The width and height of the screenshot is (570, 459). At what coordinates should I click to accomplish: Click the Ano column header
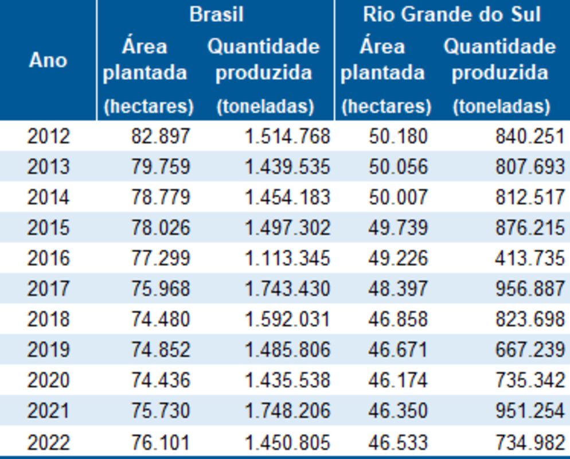(x=48, y=60)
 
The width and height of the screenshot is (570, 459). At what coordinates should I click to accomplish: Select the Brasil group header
(x=216, y=14)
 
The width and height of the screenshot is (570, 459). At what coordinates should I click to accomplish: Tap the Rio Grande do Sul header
(x=451, y=14)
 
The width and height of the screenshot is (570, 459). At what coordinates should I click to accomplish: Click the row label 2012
(x=48, y=137)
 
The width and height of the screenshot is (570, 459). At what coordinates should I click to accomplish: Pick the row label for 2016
(x=48, y=258)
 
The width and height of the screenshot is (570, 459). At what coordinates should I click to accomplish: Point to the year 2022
(x=48, y=443)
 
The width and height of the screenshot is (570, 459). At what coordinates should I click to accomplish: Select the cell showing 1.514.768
(x=287, y=137)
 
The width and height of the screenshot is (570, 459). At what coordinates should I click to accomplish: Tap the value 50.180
(x=398, y=137)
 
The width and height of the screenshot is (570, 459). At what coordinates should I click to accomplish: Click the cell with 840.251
(x=530, y=137)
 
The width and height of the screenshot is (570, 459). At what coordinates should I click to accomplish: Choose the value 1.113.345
(x=287, y=258)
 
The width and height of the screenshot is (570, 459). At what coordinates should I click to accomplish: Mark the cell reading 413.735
(x=530, y=258)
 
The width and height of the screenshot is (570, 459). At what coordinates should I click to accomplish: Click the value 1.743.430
(x=287, y=289)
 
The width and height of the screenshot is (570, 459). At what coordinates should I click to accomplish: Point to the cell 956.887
(x=530, y=289)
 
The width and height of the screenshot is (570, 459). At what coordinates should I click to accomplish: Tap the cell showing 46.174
(x=398, y=380)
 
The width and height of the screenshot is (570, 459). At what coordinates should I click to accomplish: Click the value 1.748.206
(x=287, y=411)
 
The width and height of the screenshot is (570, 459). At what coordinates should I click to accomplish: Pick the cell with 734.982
(x=530, y=443)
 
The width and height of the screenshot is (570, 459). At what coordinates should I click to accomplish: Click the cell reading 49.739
(x=398, y=228)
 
